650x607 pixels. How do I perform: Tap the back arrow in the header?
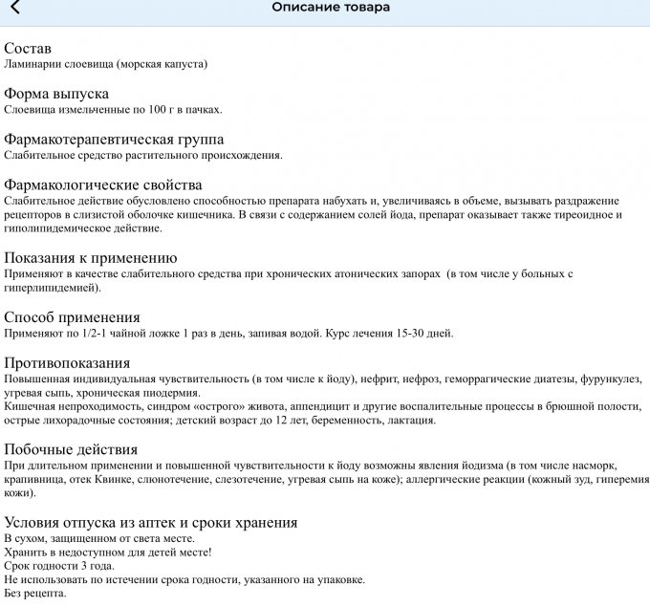click(14, 9)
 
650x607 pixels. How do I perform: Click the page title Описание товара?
click(331, 8)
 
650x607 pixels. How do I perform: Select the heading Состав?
click(28, 49)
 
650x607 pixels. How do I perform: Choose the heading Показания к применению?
click(91, 258)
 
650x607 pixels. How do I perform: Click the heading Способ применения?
click(73, 317)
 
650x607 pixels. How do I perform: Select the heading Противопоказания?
click(67, 363)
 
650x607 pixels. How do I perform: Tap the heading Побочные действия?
click(71, 449)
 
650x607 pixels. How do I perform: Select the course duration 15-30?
click(407, 334)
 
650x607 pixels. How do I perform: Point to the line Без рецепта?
click(35, 594)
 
